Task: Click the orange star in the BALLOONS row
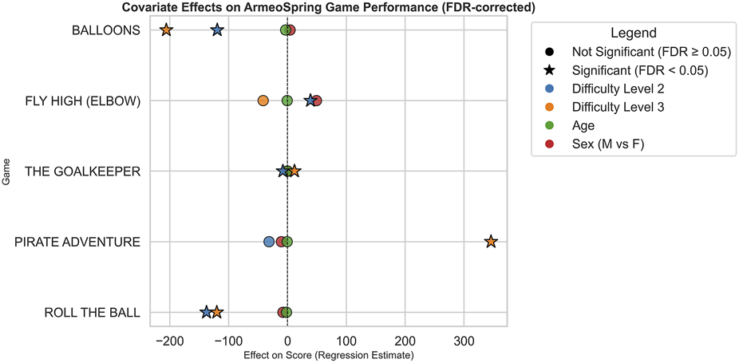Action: click(x=166, y=30)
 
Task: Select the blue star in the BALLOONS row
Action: click(x=217, y=30)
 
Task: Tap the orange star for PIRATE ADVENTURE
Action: click(x=491, y=242)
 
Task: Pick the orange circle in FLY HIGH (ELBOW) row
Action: click(x=263, y=101)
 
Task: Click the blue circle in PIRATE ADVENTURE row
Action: click(x=269, y=242)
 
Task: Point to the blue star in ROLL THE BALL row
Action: click(x=206, y=312)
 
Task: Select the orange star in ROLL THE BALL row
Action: click(x=217, y=312)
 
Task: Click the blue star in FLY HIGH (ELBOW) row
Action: click(x=310, y=101)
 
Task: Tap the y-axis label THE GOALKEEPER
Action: click(x=82, y=172)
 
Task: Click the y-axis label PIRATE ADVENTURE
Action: click(x=77, y=242)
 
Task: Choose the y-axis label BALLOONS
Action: click(x=106, y=30)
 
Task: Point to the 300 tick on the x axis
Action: click(x=464, y=341)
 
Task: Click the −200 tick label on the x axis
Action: click(x=169, y=341)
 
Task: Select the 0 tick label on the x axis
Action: click(x=287, y=341)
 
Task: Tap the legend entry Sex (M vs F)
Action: click(x=607, y=144)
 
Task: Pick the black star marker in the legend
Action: click(x=550, y=70)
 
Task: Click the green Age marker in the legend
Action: click(x=550, y=126)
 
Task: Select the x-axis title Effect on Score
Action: click(x=328, y=355)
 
